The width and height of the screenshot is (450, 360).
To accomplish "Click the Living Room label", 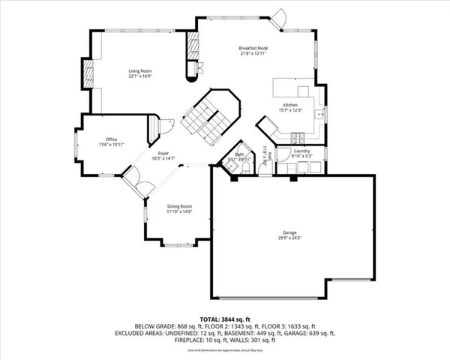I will pos(140,70).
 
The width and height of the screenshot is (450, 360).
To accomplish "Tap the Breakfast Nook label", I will pos(253,48).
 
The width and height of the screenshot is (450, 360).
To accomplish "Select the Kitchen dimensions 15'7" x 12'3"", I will pos(291,110).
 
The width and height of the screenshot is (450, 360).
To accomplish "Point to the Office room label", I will pos(111,139).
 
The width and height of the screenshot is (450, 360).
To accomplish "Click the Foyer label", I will pos(163,153).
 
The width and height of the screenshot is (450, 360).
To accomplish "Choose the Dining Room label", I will pos(179,206).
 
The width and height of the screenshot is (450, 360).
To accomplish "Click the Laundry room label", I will pos(302,151).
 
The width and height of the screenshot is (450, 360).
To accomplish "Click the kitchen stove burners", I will pos(297,137).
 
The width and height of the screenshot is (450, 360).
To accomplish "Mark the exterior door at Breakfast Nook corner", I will pos(280,17).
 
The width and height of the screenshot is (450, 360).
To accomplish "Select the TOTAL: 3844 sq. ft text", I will pos(224,319).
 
